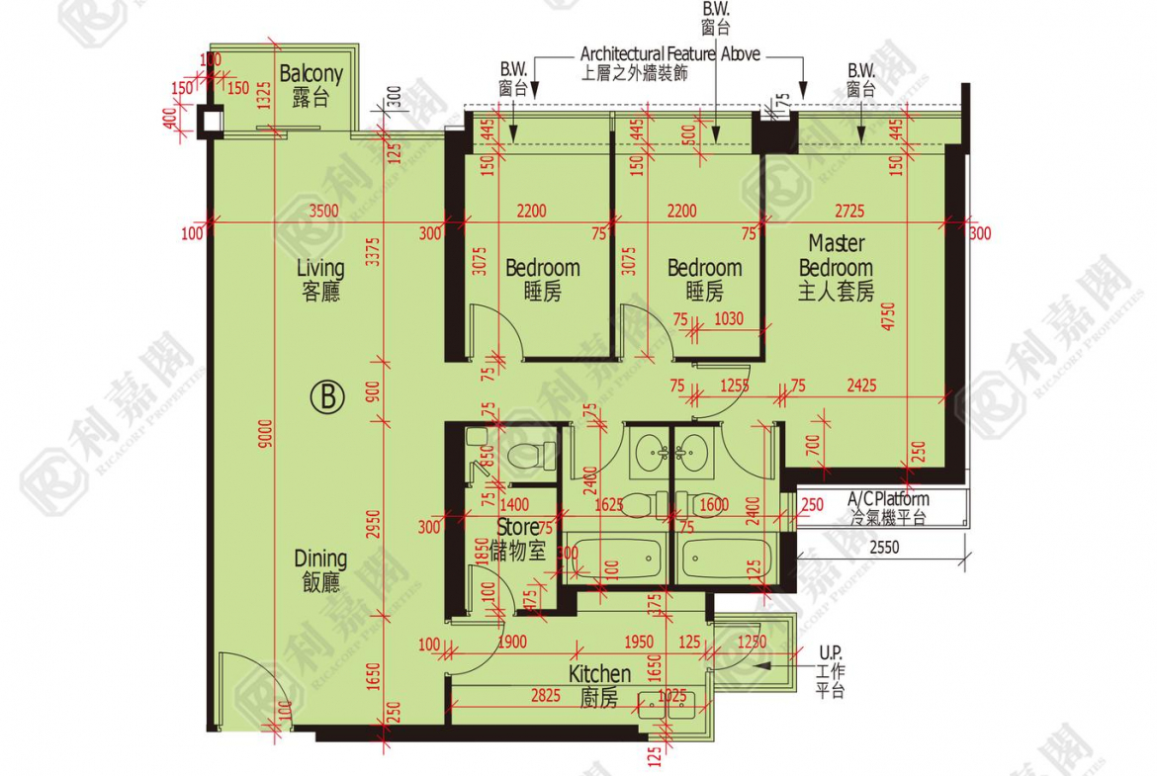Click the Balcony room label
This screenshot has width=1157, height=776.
pyautogui.click(x=311, y=85)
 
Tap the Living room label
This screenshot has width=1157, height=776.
pyautogui.click(x=320, y=279)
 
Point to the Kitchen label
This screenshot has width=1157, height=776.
pyautogui.click(x=599, y=685)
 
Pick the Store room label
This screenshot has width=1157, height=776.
pyautogui.click(x=520, y=539)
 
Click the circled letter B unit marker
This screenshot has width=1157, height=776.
pyautogui.click(x=327, y=397)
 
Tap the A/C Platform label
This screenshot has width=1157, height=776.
pyautogui.click(x=888, y=508)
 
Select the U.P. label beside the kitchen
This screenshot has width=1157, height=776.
pyautogui.click(x=831, y=671)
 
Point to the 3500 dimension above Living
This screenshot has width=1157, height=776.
pyautogui.click(x=324, y=211)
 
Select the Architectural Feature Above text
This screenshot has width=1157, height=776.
pyautogui.click(x=669, y=54)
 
